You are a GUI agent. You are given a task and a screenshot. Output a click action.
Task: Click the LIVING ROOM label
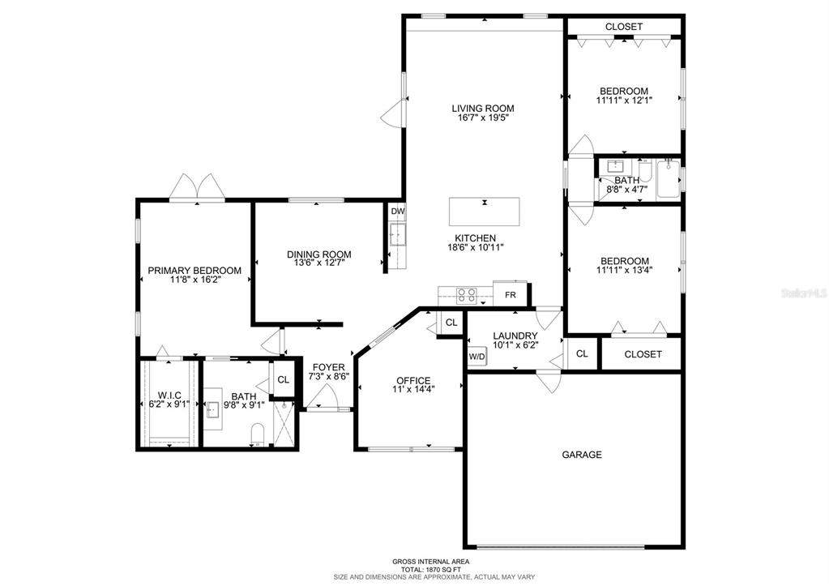click(x=483, y=109)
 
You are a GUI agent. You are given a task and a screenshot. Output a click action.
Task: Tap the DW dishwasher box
click(x=398, y=212)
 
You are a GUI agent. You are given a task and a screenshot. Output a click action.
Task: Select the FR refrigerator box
click(x=510, y=294)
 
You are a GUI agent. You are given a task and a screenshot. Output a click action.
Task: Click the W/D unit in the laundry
click(x=476, y=357)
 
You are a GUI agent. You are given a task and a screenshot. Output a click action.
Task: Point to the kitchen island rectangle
click(x=485, y=212)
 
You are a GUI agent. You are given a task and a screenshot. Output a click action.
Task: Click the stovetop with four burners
click(x=466, y=295)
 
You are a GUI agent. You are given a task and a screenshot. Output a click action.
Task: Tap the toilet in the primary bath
click(x=258, y=434)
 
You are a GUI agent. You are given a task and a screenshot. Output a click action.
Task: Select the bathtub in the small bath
click(x=669, y=180)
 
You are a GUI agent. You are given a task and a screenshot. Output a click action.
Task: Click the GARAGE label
click(x=582, y=455)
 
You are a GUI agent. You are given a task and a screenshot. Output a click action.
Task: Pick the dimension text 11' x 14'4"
click(x=413, y=390)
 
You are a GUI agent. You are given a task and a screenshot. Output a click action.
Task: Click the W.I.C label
click(x=169, y=395)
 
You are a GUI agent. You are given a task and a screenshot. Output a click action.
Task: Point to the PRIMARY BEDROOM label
click(x=194, y=270)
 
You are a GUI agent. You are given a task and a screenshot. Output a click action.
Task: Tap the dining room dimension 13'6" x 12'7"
click(x=319, y=263)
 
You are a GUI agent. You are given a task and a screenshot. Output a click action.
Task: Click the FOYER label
click(x=328, y=367)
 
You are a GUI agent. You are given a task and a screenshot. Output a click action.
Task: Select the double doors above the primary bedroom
click(x=197, y=187)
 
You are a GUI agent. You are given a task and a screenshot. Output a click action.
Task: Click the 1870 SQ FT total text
click(x=430, y=570)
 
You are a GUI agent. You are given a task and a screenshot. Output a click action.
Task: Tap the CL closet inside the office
click(x=451, y=322)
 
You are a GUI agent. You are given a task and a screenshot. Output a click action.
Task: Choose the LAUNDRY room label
click(x=515, y=336)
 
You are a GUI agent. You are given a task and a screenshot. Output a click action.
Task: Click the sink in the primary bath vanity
click(x=213, y=408)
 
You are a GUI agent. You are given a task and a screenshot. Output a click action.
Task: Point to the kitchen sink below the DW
click(x=398, y=234)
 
